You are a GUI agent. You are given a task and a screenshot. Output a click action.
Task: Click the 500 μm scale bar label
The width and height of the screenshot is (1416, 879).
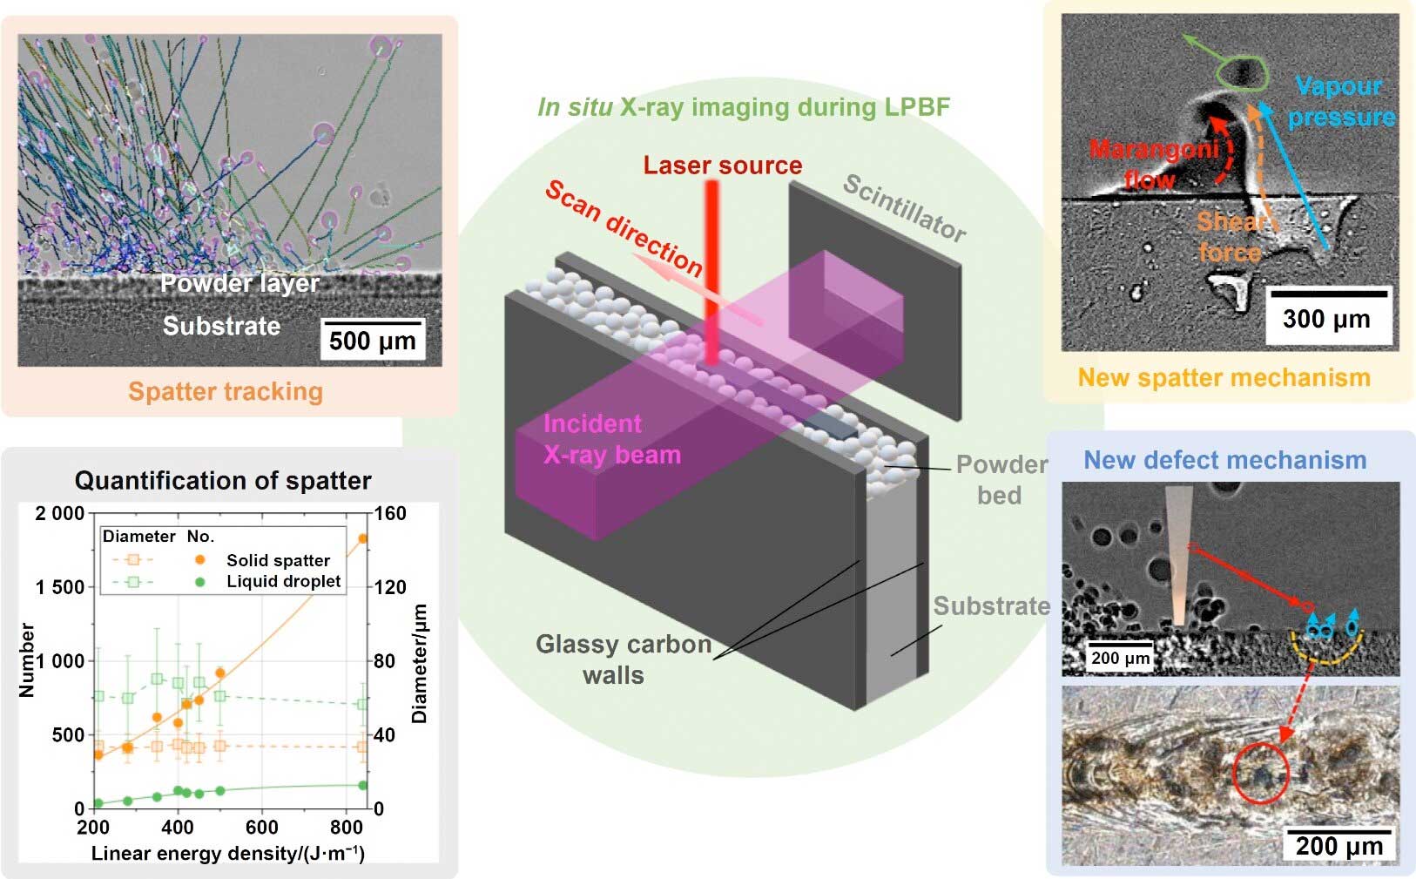coord(373,341)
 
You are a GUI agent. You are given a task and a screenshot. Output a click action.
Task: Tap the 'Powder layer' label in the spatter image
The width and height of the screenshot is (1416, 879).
coord(239,283)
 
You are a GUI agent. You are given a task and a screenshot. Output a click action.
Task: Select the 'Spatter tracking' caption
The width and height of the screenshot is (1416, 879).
coord(226,392)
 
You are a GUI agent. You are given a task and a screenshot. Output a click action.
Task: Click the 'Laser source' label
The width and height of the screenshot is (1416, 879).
coord(723,166)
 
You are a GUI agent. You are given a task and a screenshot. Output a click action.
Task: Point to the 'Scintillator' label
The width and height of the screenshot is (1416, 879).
coord(905,208)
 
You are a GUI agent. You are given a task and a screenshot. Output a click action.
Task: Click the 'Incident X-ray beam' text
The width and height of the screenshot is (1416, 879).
coord(612,439)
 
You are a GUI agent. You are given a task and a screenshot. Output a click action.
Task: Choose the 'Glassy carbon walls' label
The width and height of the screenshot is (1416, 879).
coord(624,659)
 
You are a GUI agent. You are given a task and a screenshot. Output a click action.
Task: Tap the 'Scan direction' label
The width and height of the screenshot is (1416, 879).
coord(624,229)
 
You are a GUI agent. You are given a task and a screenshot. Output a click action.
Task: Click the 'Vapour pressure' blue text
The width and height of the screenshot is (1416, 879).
coord(1341,102)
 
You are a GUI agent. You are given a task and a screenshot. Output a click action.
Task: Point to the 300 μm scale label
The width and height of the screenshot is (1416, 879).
coord(1326,320)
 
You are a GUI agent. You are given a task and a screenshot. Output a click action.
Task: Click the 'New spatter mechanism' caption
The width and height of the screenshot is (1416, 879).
coord(1224,378)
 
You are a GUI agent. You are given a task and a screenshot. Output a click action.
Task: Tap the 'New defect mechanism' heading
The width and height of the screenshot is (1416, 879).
coord(1225,460)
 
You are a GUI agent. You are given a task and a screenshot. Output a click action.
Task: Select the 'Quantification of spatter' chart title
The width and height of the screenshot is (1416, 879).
coord(223,481)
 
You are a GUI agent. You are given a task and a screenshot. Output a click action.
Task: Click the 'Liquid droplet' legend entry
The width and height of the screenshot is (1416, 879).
coord(284,581)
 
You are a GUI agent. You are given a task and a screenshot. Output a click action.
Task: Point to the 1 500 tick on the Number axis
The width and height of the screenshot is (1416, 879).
coord(59,587)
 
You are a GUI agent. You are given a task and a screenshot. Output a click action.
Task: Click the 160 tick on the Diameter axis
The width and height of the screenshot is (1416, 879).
coord(390,513)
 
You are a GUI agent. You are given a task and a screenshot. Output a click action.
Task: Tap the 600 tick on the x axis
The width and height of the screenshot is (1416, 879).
coord(262,827)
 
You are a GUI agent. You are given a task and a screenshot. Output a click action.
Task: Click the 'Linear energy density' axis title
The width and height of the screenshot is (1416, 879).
coord(227,854)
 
